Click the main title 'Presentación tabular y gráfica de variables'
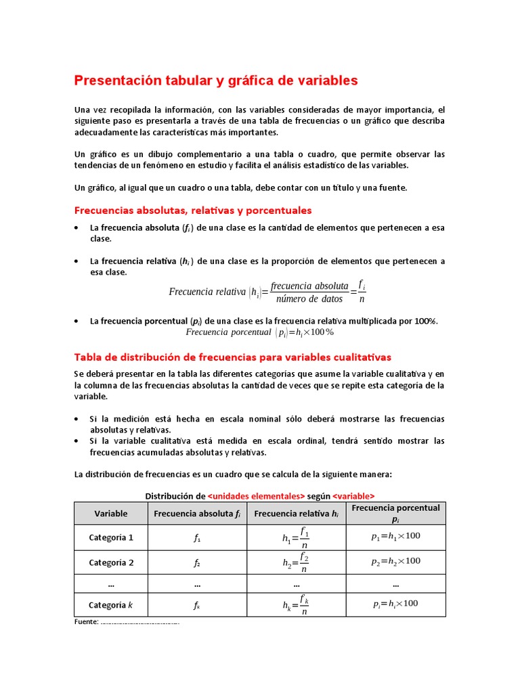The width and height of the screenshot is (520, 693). pos(215,81)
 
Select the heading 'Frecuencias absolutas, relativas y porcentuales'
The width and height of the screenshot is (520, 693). pos(192,210)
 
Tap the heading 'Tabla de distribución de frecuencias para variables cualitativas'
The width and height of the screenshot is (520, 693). pos(232,357)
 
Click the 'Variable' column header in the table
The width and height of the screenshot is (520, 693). pos(111,514)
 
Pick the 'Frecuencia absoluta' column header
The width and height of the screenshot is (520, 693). pos(197,514)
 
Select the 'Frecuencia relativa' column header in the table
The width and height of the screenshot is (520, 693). pos(296,514)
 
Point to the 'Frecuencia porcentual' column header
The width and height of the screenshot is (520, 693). pos(395,513)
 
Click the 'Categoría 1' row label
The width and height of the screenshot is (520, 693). pos(111,537)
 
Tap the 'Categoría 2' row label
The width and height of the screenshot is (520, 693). pos(111,562)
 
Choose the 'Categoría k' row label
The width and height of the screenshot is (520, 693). pos(111,604)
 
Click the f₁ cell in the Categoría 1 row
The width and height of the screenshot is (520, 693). pos(197,539)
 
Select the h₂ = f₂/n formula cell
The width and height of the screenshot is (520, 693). pos(296,562)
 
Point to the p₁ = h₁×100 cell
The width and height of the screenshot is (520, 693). pos(395,536)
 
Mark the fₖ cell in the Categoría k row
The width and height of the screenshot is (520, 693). pos(197,606)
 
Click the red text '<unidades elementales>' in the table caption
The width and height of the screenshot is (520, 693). pos(256,495)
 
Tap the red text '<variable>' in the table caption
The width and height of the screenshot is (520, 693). pos(353,495)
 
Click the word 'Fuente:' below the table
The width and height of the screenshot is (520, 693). pos(86,621)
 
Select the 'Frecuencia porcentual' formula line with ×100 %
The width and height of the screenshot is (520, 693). pos(260,332)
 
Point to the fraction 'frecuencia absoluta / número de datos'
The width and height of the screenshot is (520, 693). pos(309,292)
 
